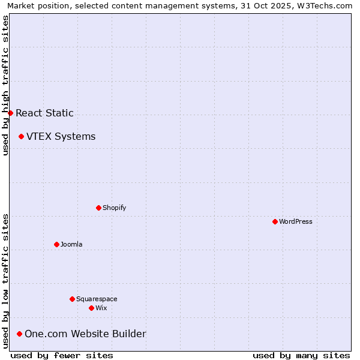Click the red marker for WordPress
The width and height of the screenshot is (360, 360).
pos(275,221)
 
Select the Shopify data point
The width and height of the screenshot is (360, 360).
pos(98,208)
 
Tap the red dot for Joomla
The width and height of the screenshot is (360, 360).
pos(56,244)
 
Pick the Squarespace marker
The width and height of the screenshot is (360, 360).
pos(72,299)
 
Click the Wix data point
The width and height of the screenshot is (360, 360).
pos(91,308)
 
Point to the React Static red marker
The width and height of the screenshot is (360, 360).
pos(10,113)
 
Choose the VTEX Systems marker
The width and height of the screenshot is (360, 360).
pos(21,136)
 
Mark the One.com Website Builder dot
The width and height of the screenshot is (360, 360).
pos(19,334)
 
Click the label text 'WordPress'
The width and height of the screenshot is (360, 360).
pos(296,221)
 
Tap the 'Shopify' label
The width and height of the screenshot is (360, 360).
pos(114,208)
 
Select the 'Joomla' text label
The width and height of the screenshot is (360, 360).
pos(71,244)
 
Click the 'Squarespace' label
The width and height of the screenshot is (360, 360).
pos(97,299)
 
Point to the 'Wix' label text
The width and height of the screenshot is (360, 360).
pos(101,308)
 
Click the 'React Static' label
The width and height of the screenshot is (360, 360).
pos(44,113)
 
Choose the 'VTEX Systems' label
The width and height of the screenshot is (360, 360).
pos(61,136)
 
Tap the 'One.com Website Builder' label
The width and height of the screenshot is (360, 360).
pos(85,334)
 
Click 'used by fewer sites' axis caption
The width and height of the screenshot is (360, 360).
pos(62,355)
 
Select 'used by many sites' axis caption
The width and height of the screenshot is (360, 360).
pos(301,355)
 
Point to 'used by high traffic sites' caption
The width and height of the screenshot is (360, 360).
pos(5,85)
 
